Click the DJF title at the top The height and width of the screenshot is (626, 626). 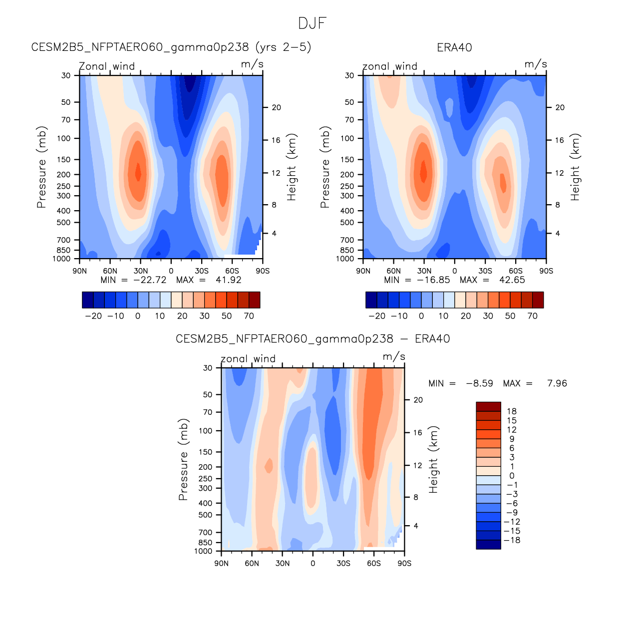point(313,23)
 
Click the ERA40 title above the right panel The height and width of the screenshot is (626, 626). point(454,48)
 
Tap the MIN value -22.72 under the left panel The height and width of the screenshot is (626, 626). point(150,280)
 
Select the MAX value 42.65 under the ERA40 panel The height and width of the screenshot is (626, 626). point(512,280)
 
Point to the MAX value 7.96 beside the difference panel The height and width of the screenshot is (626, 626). point(557,383)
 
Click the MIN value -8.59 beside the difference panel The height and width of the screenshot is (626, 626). point(479,383)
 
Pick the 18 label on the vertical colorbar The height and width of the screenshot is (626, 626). point(512,411)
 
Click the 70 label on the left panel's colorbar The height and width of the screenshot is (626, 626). point(249,316)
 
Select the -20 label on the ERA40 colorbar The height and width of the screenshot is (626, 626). point(377,316)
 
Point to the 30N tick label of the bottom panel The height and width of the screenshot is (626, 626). point(283,564)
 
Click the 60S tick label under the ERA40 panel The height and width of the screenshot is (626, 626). point(516,271)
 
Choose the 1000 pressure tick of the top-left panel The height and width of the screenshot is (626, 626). point(62,259)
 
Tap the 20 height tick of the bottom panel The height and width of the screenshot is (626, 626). point(418,400)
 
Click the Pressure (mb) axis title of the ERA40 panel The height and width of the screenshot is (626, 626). point(325,167)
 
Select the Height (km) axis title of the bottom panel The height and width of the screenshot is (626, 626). point(433,460)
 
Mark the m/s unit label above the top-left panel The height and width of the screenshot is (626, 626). point(252,64)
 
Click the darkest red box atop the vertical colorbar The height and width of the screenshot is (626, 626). point(488,406)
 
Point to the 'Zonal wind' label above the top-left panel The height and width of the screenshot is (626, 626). point(107,66)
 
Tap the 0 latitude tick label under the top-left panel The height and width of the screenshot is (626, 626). point(171,271)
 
